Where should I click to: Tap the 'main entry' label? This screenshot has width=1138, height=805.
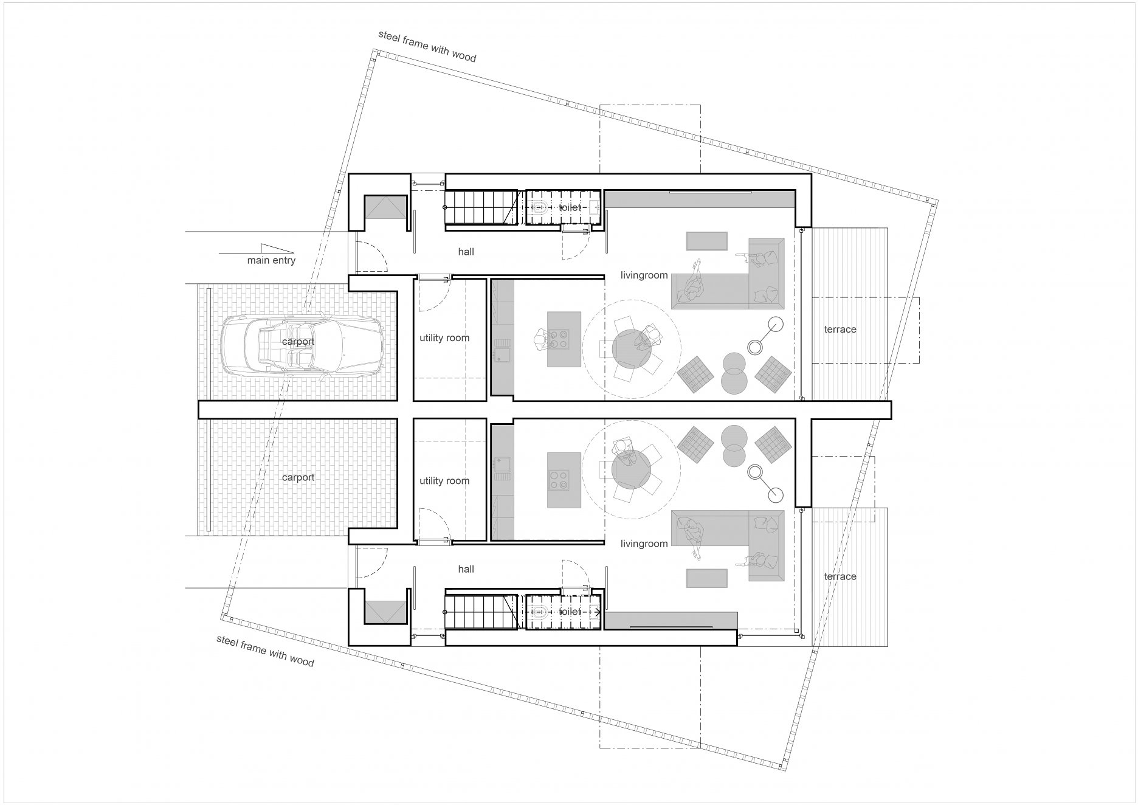point(271,261)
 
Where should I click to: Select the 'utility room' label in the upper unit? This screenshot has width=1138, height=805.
point(444,338)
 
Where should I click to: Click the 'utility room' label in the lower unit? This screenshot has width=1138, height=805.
point(444,481)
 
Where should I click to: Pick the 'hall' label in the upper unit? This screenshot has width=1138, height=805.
point(466,252)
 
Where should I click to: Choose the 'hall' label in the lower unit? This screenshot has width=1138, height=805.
point(466,569)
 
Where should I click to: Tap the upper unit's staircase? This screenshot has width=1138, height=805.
point(480,208)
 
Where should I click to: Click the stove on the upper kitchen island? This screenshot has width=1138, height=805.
point(559,339)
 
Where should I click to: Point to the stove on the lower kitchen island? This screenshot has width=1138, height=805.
point(559,480)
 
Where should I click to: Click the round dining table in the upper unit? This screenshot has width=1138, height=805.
point(632,348)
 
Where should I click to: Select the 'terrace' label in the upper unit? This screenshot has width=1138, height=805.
point(840,330)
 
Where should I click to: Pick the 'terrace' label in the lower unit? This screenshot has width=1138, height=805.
point(840,576)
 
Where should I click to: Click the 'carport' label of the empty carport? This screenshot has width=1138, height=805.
point(298,478)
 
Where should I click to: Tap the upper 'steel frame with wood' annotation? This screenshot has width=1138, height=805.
point(427,46)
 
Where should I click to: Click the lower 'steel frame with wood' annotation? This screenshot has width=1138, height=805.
point(266,651)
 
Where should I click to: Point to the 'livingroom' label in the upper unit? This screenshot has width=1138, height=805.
point(644,275)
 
